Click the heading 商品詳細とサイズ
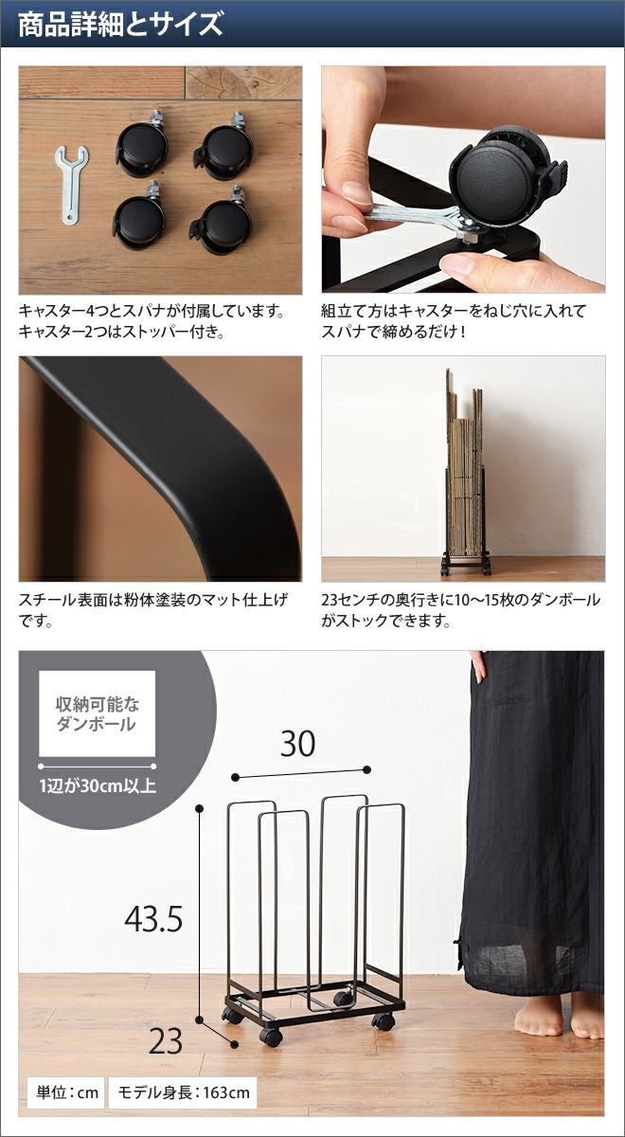pos(121,25)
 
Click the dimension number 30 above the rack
pos(297,743)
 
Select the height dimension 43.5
pos(153,918)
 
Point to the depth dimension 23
pos(166,1041)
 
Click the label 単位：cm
pos(67,1092)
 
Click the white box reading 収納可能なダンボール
pos(98,713)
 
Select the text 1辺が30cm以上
pos(98,786)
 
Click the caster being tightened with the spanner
pos(508,181)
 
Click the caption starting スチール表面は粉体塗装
pos(153,610)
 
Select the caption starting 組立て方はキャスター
pos(454,321)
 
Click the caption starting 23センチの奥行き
pos(460,610)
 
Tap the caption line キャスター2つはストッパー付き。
pos(122,332)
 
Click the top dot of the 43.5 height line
pos(200,807)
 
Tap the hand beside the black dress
pos(478,666)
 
